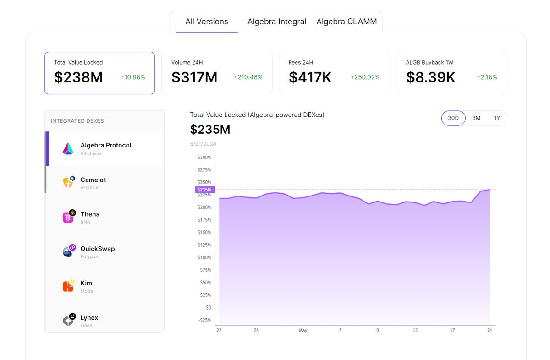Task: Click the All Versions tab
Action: pyautogui.click(x=206, y=22)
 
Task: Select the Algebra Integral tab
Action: pyautogui.click(x=277, y=22)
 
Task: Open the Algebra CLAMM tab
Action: pyautogui.click(x=346, y=22)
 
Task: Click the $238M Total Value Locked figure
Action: pyautogui.click(x=78, y=77)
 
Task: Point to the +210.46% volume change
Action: pyautogui.click(x=248, y=77)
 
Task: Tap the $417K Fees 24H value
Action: pyautogui.click(x=310, y=77)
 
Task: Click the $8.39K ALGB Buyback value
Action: pyautogui.click(x=430, y=77)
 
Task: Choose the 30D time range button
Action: pyautogui.click(x=453, y=118)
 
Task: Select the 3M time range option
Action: pyautogui.click(x=476, y=118)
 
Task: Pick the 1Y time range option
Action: pyautogui.click(x=497, y=118)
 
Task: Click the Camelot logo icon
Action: pyautogui.click(x=68, y=183)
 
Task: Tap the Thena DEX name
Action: pyautogui.click(x=90, y=214)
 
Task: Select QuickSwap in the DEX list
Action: pyautogui.click(x=97, y=249)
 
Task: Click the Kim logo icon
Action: pyautogui.click(x=68, y=286)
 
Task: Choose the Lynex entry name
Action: pyautogui.click(x=89, y=317)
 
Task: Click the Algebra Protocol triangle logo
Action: pyautogui.click(x=68, y=148)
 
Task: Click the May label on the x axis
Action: pyautogui.click(x=302, y=330)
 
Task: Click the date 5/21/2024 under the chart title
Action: pyautogui.click(x=203, y=144)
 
